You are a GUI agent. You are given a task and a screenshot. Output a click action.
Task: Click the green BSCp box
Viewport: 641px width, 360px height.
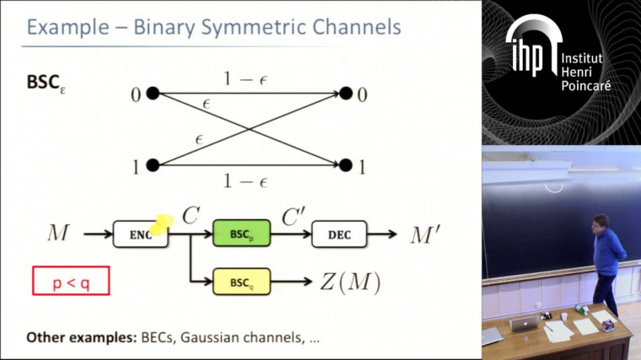click(240, 234)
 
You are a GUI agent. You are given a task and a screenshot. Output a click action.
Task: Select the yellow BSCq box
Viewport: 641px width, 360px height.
click(240, 281)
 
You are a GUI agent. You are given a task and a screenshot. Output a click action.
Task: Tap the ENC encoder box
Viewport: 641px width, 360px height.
click(140, 234)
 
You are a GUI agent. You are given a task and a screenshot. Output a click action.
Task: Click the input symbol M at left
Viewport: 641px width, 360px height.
click(58, 233)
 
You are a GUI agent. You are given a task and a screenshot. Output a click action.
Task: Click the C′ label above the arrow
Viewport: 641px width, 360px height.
click(294, 218)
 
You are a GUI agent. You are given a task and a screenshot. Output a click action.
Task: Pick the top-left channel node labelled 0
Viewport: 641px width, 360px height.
click(153, 94)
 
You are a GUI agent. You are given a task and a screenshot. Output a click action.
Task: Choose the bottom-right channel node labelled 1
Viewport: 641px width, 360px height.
click(345, 166)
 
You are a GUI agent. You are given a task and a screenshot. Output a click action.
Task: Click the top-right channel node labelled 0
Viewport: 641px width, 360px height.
click(345, 94)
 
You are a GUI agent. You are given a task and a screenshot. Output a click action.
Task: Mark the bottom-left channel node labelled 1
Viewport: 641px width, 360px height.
click(153, 166)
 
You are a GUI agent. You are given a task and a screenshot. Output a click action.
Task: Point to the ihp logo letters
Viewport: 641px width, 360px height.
click(529, 52)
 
